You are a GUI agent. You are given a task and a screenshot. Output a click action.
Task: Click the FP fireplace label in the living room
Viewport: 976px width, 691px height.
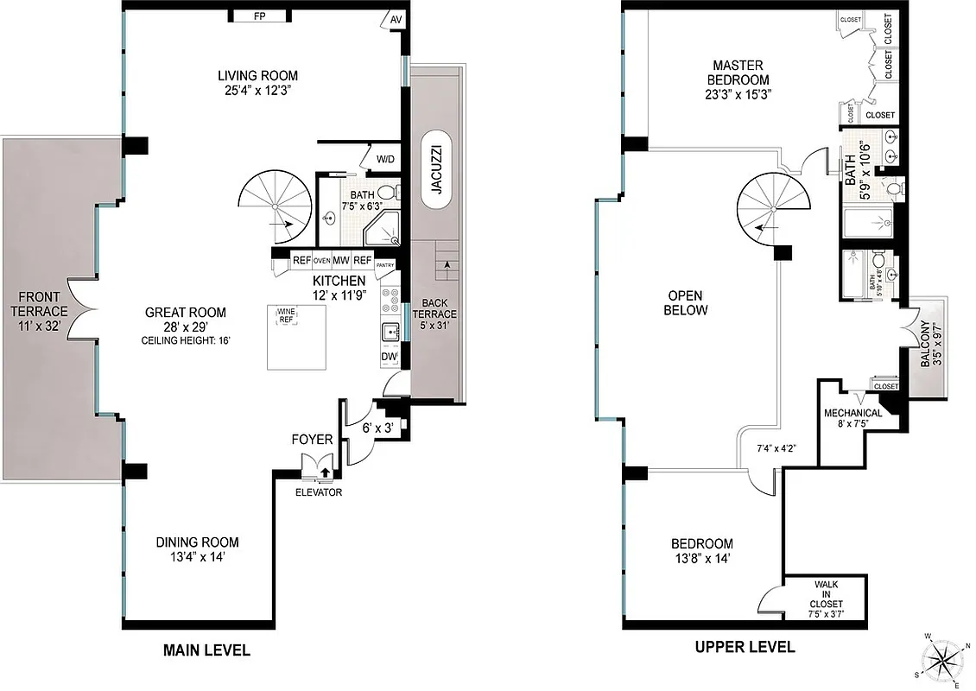pos(259,16)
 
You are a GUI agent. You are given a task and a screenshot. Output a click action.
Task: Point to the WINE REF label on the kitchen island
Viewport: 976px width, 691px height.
pos(286,315)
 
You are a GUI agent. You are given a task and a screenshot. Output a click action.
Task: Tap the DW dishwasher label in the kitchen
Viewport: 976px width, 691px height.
pos(389,357)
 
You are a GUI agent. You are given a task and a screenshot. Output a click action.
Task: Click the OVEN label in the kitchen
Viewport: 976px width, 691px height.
pos(322,260)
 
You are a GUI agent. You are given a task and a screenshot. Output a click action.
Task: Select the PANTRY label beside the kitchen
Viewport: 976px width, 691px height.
pos(384,265)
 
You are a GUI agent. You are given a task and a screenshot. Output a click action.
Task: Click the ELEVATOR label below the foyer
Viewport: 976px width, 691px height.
pos(319,492)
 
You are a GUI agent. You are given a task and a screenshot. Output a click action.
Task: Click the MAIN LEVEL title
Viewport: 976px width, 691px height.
pos(206,650)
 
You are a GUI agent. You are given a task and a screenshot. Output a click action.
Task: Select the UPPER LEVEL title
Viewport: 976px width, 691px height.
pos(745,647)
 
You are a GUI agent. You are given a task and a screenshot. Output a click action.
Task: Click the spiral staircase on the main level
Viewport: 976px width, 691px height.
pos(275,207)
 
